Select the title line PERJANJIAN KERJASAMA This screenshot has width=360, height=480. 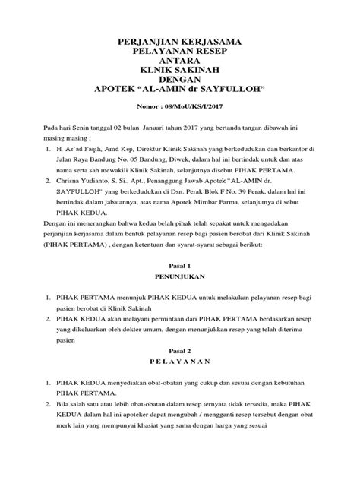click(x=179, y=36)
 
